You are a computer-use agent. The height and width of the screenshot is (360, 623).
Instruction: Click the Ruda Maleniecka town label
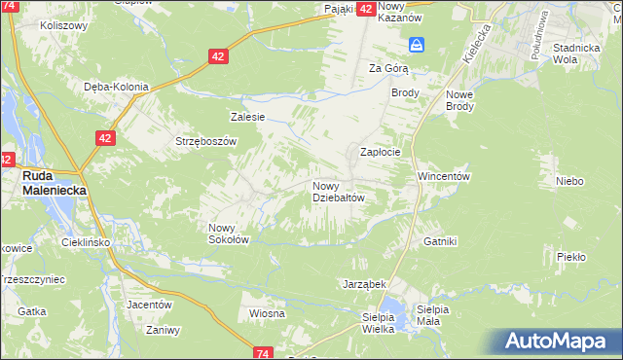54,184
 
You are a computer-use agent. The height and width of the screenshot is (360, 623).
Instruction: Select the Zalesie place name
247,117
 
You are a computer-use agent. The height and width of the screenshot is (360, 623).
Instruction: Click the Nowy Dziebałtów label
338,192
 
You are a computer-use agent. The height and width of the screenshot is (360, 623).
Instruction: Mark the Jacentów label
149,304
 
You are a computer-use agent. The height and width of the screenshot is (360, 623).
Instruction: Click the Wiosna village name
267,313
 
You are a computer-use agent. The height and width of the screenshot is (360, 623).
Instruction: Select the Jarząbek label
365,284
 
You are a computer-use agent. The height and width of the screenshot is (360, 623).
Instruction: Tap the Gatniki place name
440,240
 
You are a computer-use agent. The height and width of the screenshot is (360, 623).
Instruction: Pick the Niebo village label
569,181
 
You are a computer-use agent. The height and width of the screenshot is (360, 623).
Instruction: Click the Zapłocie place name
381,153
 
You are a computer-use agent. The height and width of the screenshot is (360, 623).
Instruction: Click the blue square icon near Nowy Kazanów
418,45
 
